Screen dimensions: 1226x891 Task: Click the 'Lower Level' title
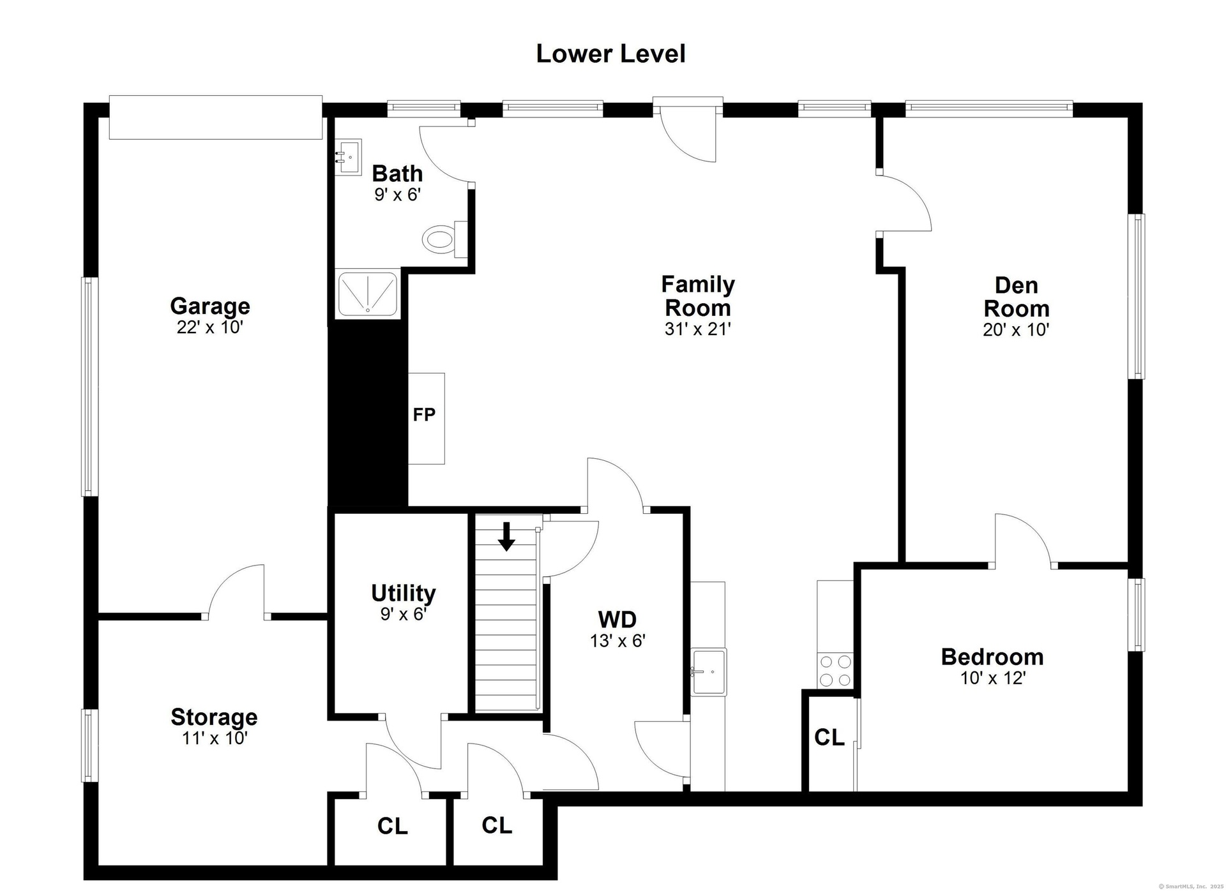(x=610, y=54)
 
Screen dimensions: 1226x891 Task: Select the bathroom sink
(x=349, y=156)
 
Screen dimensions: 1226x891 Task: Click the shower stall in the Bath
(x=368, y=294)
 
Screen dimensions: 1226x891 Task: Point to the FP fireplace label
(x=424, y=415)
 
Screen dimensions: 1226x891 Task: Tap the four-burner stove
(x=835, y=670)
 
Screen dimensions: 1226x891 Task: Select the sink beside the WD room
(x=708, y=671)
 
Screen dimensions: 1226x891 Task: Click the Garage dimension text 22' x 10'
(x=210, y=327)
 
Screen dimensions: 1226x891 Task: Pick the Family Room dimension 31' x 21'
(x=697, y=329)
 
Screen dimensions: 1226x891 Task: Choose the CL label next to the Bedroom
(x=829, y=737)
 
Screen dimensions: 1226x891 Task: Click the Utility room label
(x=404, y=593)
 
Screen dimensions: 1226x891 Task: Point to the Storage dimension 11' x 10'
(x=214, y=738)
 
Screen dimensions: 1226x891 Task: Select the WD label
(x=617, y=619)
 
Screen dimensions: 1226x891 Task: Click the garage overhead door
(x=216, y=117)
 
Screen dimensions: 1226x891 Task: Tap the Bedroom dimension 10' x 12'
(x=993, y=678)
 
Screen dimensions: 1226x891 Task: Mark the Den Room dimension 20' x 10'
(x=1016, y=330)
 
